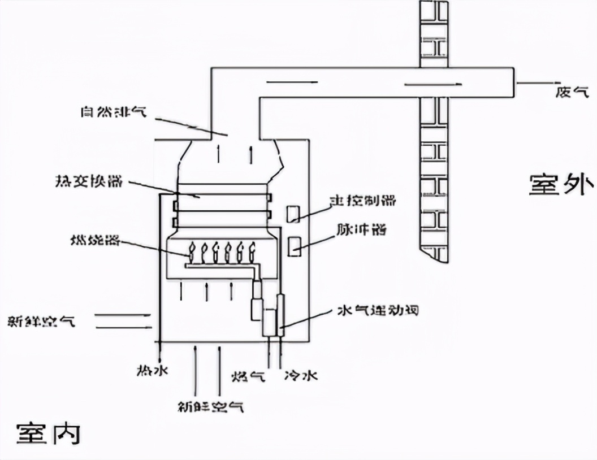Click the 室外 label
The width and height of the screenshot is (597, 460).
pos(561,184)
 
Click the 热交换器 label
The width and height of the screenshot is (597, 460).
pos(88,182)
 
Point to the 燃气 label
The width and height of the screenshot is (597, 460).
pos(248,376)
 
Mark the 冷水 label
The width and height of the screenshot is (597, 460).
pos(300,375)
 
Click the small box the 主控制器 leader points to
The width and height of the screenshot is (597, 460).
pos(293,214)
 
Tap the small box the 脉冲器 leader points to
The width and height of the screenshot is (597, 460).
pos(294,247)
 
